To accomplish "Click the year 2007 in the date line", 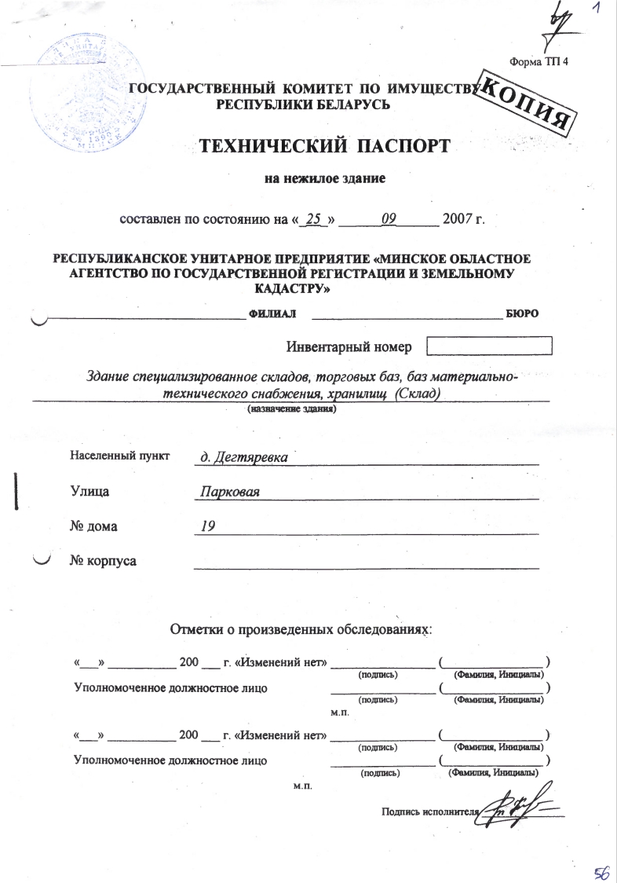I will (459, 218).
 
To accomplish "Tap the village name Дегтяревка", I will (234, 457).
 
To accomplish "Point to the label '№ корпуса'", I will (103, 562).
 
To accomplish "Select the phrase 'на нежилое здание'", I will (325, 178).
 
